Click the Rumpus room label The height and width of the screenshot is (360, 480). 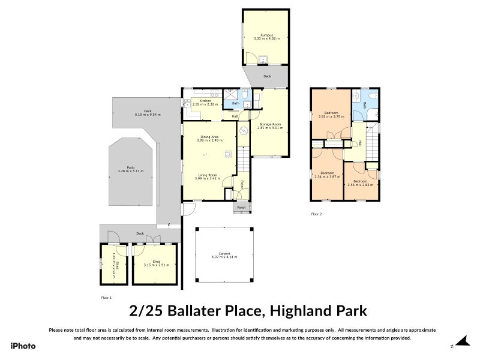[x=266, y=35]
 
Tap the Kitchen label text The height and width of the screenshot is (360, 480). [x=205, y=101]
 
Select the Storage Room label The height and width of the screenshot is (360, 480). [x=269, y=124]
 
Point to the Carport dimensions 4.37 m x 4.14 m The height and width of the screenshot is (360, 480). [x=224, y=257]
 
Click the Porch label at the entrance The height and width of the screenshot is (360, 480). [x=242, y=208]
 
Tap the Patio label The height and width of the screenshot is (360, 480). [x=130, y=167]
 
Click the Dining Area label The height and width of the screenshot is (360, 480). [x=209, y=137]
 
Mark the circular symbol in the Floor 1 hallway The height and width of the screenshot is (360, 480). [x=244, y=131]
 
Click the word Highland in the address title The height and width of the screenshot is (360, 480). [x=298, y=311]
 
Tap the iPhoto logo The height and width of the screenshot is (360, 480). [x=23, y=346]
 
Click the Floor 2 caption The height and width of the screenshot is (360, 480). [x=316, y=214]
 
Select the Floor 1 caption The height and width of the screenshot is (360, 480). [x=106, y=297]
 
